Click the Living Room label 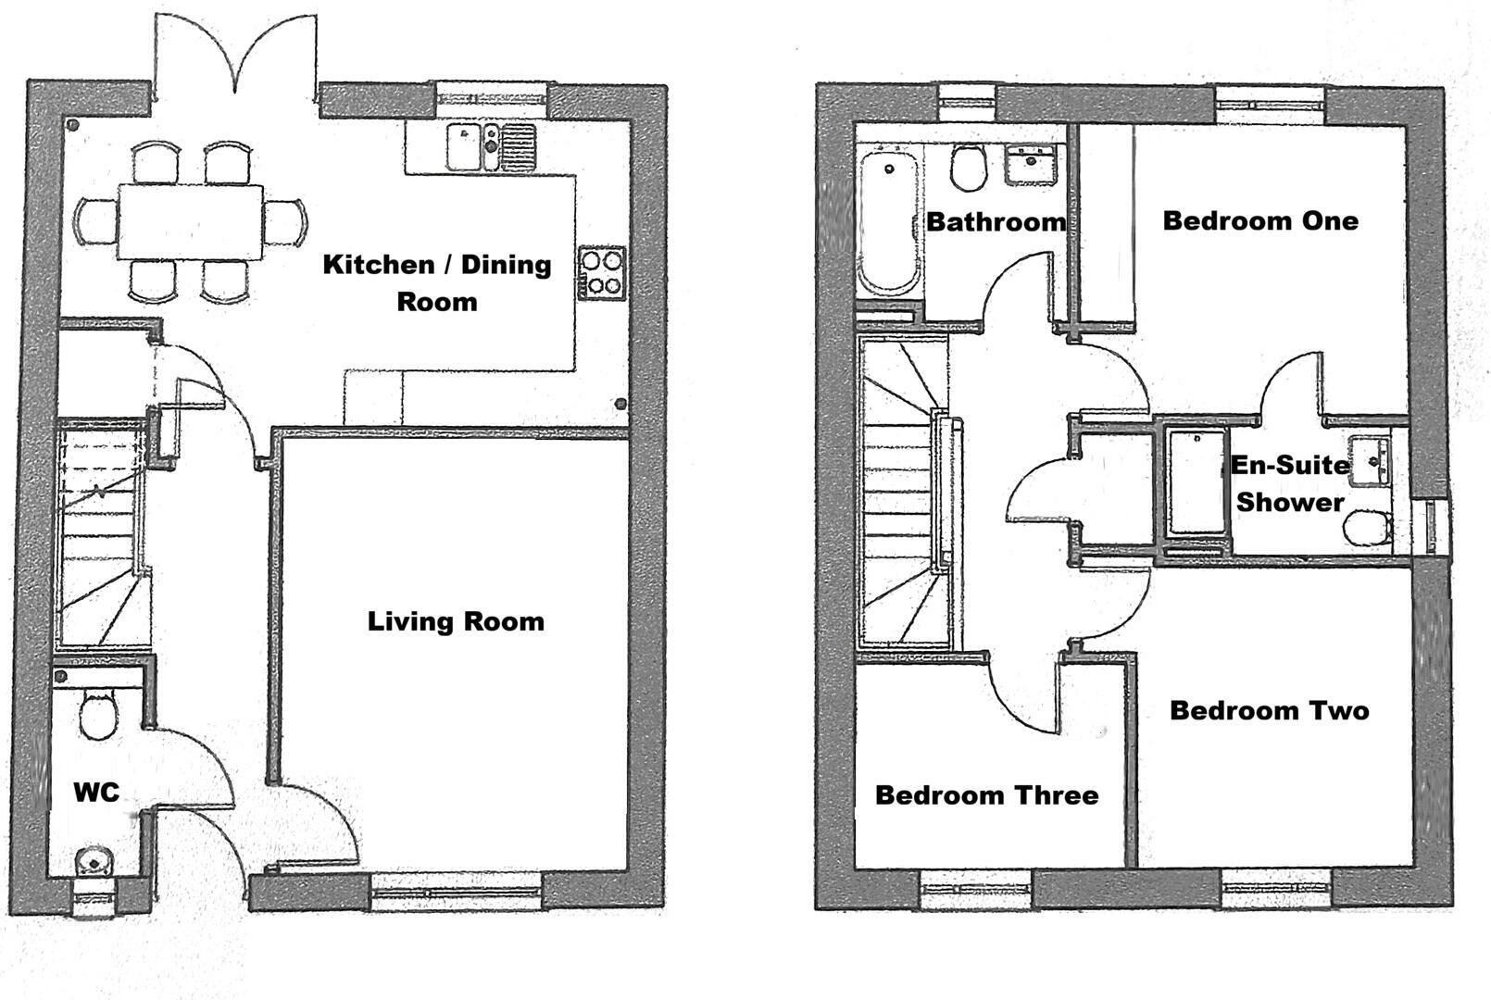click(x=456, y=621)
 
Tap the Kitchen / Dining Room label click(x=437, y=282)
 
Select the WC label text click(x=96, y=793)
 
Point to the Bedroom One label click(x=1260, y=220)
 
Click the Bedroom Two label click(x=1269, y=710)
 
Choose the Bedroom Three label click(x=986, y=794)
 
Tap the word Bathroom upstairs click(x=996, y=221)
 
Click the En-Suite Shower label click(x=1290, y=483)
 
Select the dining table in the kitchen click(x=190, y=222)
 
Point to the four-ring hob click(x=602, y=273)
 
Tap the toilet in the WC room click(x=97, y=714)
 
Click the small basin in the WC click(x=93, y=862)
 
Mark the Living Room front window click(x=456, y=891)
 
